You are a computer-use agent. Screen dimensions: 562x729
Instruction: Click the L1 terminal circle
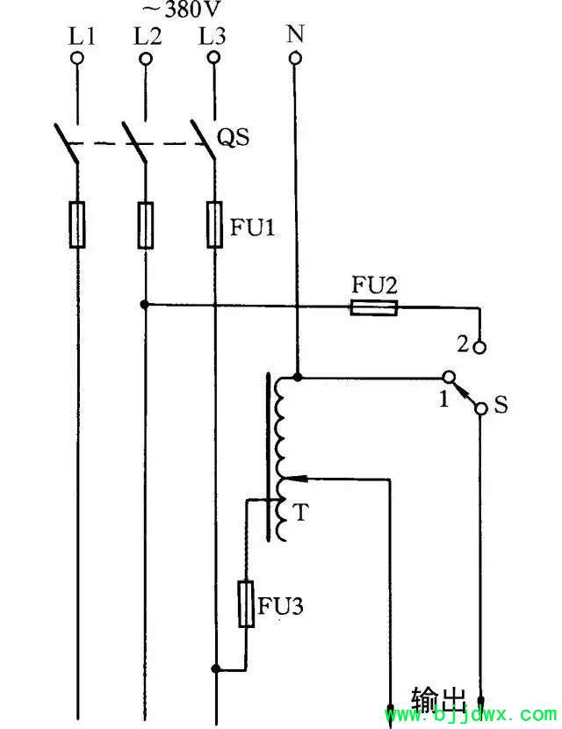pos(77,59)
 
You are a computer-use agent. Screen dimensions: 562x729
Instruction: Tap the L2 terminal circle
pos(146,59)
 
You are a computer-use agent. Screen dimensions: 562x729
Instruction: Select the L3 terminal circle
pos(214,58)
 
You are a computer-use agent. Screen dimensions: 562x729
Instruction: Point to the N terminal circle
pos(295,58)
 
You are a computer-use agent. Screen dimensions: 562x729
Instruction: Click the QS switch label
pos(234,138)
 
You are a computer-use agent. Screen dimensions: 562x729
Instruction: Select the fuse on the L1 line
pos(77,225)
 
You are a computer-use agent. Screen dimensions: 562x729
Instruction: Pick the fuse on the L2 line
pos(146,225)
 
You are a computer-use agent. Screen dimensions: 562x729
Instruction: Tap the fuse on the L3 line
pos(214,225)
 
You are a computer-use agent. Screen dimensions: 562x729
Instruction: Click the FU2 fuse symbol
pos(374,307)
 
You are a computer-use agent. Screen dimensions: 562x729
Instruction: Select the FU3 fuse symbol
pos(246,604)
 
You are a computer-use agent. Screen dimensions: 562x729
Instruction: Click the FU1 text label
pos(253,227)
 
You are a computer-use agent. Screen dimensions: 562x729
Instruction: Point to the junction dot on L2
pos(145,305)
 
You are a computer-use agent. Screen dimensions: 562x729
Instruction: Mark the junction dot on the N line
pos(298,377)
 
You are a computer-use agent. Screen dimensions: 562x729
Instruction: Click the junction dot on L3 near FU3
pos(215,668)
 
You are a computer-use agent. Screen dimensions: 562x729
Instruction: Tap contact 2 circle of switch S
pos(480,347)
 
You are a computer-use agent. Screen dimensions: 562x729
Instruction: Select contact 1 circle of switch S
pos(447,376)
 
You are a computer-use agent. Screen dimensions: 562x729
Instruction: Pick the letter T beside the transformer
pos(301,512)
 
